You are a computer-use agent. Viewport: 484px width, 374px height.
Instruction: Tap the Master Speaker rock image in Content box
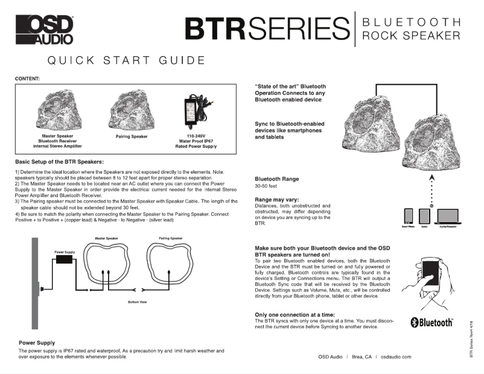click(57, 112)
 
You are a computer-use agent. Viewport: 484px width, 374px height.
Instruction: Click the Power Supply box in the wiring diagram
click(65, 258)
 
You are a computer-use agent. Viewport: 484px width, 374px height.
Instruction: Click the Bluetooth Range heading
click(278, 179)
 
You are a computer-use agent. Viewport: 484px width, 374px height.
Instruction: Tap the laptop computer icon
click(446, 215)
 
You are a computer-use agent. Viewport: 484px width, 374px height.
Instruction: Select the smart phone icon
click(407, 216)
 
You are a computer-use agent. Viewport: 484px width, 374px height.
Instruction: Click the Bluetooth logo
click(431, 323)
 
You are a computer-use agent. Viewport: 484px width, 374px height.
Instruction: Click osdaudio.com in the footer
click(396, 357)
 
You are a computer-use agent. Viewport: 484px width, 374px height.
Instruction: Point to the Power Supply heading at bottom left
click(37, 343)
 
